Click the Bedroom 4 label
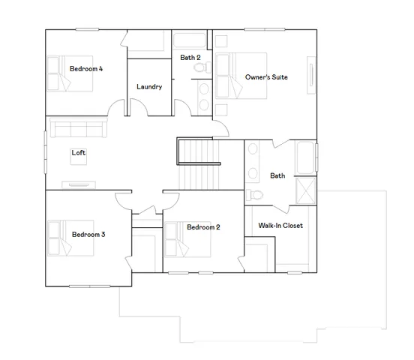86,69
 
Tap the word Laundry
149,87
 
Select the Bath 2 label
190,58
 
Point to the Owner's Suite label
266,77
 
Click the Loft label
79,153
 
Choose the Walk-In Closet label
280,226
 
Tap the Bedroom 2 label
203,228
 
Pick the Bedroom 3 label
88,235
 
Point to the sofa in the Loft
76,127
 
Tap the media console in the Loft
78,183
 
